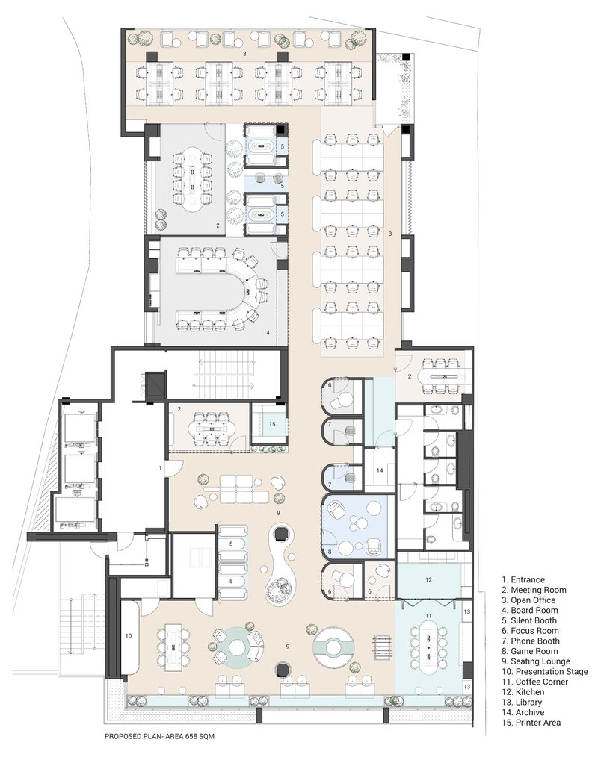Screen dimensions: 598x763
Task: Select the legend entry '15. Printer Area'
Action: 531,723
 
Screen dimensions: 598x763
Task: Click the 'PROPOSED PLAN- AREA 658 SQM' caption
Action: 159,737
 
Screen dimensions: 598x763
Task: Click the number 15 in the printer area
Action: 272,424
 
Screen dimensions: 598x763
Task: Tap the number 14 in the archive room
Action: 380,470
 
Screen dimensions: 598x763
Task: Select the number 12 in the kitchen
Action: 428,579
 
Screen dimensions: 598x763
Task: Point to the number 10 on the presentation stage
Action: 129,635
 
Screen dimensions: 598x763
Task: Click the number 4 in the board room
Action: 268,333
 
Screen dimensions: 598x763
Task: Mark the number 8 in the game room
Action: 330,552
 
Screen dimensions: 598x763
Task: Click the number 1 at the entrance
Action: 160,467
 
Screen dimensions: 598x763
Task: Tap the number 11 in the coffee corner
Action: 428,616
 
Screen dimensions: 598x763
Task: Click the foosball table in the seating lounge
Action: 381,646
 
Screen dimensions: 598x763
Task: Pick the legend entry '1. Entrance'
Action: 523,579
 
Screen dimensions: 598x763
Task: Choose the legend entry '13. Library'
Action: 522,703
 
